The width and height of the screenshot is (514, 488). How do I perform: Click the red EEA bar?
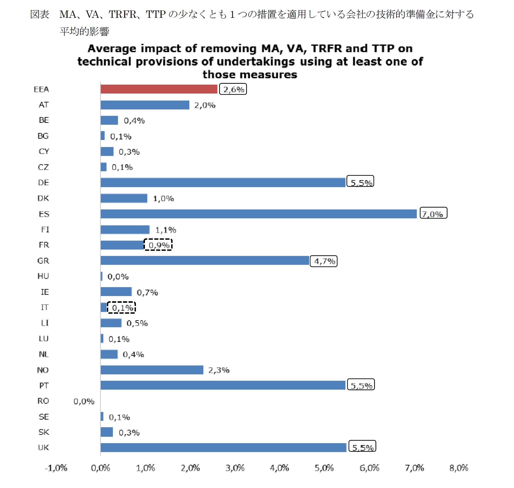coord(159,89)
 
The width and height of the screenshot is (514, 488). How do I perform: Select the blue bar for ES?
coord(258,214)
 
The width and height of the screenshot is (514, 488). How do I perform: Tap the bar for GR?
coord(205,260)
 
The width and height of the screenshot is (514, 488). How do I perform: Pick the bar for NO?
coord(152,370)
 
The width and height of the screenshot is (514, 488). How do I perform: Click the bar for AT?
coord(145,105)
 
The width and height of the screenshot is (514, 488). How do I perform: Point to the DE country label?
coord(43,183)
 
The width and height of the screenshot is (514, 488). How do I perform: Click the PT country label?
coord(44,385)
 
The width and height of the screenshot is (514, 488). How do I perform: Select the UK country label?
coord(44,447)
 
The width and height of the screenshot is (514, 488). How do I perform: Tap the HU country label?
coord(43,276)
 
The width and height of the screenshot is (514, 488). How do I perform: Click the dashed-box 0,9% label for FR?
coord(158,245)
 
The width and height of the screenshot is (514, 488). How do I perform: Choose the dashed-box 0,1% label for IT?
coord(122,307)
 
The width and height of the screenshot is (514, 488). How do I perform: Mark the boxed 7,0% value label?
coord(433,213)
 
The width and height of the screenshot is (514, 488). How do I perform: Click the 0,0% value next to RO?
coord(84,402)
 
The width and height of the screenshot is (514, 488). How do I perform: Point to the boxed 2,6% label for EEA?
coord(233,89)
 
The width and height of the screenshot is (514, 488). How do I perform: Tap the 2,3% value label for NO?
coord(219,370)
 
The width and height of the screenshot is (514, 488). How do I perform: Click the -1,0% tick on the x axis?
coord(56,468)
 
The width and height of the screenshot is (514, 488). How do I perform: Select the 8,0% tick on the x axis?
coord(458,468)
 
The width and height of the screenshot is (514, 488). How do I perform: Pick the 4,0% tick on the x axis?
coord(279,468)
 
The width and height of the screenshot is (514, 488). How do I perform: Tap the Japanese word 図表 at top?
coord(40,14)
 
